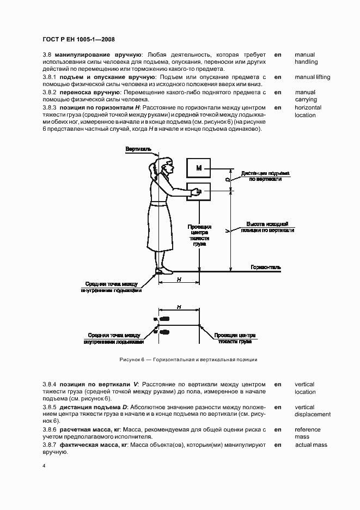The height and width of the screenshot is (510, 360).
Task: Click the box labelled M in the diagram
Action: pos(199,168)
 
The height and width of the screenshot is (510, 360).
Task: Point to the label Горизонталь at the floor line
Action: pos(266,267)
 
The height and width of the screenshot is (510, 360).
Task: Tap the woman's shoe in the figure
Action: pos(160,271)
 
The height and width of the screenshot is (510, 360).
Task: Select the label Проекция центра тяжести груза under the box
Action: pos(199,235)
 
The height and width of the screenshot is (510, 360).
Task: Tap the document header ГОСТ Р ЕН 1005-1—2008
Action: pos(78,39)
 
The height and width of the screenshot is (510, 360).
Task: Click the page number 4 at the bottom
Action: pos(44,466)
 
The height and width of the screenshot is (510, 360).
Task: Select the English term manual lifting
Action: pos(312,77)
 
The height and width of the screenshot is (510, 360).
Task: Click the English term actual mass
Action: pos(311,445)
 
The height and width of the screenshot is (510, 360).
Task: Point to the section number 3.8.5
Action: pos(50,407)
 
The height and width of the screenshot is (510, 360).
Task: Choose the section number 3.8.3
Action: pos(50,107)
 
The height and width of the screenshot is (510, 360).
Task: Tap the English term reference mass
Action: pos(308,433)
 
